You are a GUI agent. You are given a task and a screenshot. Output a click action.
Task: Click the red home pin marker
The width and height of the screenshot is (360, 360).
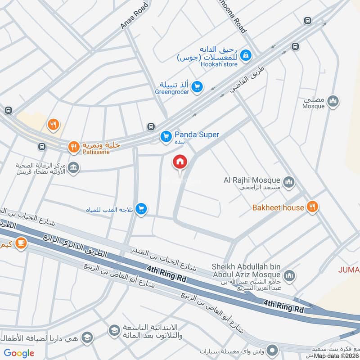pos(180,162)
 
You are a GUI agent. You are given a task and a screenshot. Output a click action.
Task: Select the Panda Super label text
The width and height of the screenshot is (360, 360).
pos(197,135)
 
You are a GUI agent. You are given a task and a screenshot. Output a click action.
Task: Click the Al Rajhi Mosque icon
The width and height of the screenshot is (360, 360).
pos(289,182)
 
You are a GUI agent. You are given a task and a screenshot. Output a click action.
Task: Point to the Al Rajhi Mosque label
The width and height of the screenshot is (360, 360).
pos(252,180)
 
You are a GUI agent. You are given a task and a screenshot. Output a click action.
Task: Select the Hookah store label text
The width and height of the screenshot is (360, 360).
pos(219,64)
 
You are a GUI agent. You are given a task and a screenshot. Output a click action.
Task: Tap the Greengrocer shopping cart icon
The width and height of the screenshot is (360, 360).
pos(197,86)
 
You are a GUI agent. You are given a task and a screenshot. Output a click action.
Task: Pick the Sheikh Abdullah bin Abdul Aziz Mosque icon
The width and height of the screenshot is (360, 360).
pos(289,275)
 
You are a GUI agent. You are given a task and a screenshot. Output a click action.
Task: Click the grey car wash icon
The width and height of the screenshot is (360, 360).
pos(272,350)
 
